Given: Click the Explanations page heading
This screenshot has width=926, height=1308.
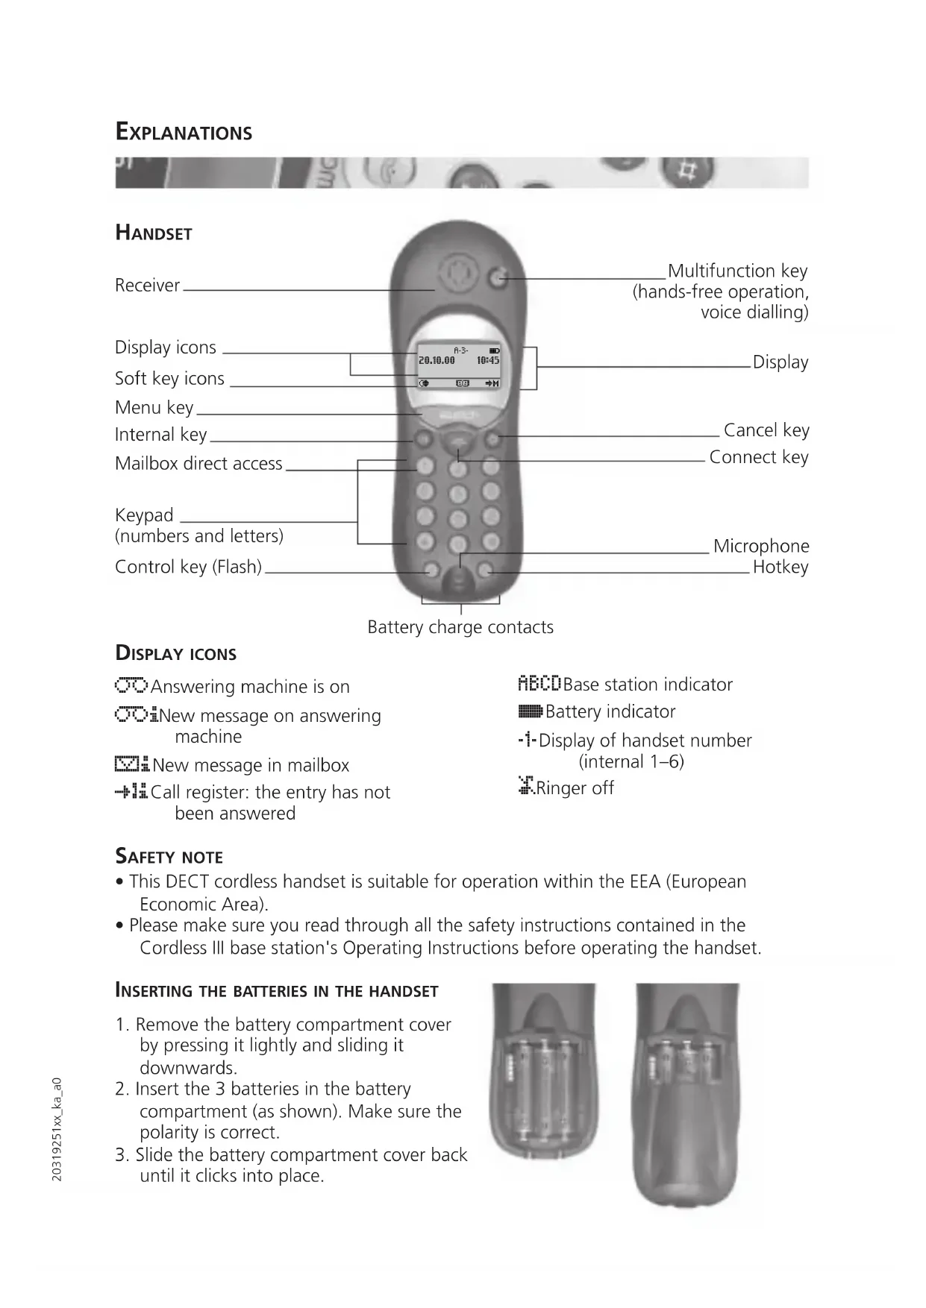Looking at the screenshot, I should (184, 132).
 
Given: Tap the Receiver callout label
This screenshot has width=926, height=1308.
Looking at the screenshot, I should (147, 285).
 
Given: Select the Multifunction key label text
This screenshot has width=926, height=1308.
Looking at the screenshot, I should (737, 271).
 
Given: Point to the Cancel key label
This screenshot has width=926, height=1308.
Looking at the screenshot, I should (766, 430).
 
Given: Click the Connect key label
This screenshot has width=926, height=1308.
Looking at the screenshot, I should (758, 457).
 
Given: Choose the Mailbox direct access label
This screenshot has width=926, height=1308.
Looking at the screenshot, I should (198, 463).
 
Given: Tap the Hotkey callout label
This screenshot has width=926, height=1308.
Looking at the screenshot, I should (780, 567).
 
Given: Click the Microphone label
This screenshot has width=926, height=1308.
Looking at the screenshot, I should (760, 546).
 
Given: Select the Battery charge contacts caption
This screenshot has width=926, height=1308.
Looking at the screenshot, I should (460, 627).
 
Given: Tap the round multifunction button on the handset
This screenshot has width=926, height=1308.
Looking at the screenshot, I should (498, 279).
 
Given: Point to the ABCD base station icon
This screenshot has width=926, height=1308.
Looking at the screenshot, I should (539, 684).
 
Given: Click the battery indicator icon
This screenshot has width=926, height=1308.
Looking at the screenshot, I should (531, 712).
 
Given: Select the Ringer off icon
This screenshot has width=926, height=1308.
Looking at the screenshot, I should (526, 786).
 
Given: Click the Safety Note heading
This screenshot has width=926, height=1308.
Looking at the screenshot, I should (169, 856).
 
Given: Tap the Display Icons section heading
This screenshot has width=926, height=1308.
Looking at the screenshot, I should (175, 653).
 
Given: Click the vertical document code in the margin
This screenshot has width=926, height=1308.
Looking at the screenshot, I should (57, 1129).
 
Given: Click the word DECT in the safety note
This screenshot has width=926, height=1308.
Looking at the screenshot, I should (188, 881).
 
